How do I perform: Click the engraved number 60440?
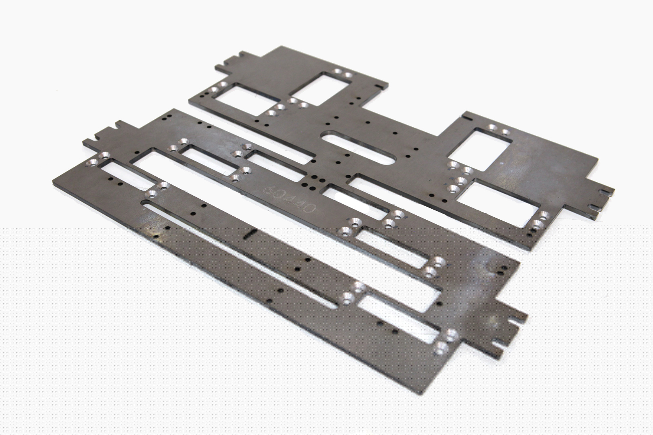click(x=289, y=199)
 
